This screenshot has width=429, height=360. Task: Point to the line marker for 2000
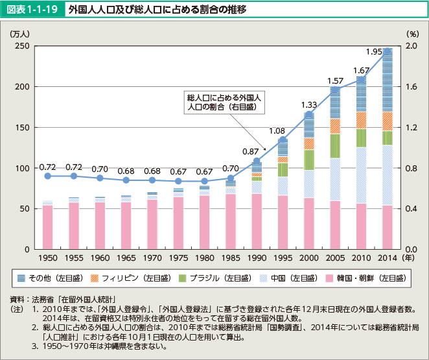click(x=309, y=114)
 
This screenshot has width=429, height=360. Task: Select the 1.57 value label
click(x=335, y=81)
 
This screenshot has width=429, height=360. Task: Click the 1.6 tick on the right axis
click(x=411, y=87)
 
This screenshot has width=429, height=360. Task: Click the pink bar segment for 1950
click(x=48, y=227)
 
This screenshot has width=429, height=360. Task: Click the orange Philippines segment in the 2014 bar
click(x=388, y=121)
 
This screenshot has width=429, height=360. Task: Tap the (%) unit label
click(x=411, y=33)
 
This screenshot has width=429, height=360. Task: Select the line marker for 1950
click(x=48, y=176)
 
